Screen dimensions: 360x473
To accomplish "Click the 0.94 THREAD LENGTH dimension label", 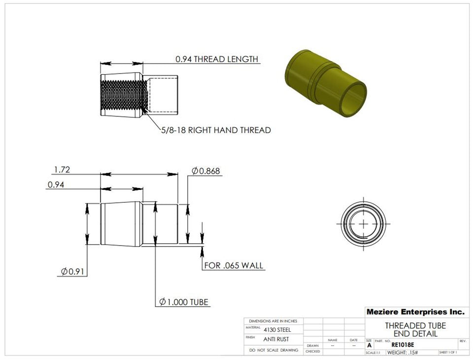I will coord(217,59).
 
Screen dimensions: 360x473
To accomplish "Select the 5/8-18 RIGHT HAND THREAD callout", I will coord(215,130).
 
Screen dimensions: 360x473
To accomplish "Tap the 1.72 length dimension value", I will coord(62,170).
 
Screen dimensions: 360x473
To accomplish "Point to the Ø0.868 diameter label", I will coord(205,171).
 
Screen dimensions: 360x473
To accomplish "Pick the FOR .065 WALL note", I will coord(234,266).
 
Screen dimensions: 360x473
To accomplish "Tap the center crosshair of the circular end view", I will coord(364,224).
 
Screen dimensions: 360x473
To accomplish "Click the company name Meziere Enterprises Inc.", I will coord(415,312).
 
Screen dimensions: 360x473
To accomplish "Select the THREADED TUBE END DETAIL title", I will coord(415,329).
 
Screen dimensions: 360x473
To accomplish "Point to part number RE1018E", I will coord(403,345).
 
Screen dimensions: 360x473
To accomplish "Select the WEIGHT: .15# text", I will coord(403,353).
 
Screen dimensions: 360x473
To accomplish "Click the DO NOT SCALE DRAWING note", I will coord(273,350).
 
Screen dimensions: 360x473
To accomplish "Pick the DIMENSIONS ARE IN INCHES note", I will coord(273,321).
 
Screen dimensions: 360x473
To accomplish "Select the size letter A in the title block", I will coord(369,346).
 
